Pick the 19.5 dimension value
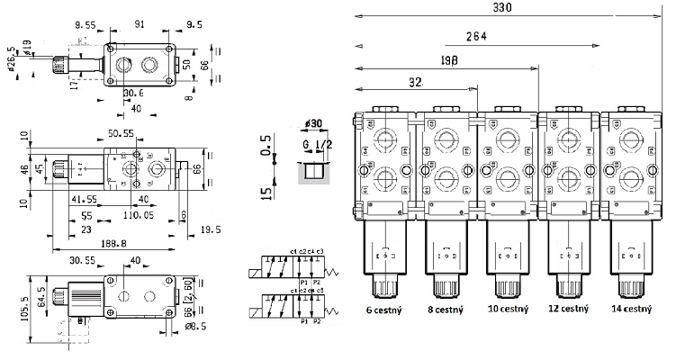point(211,230)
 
